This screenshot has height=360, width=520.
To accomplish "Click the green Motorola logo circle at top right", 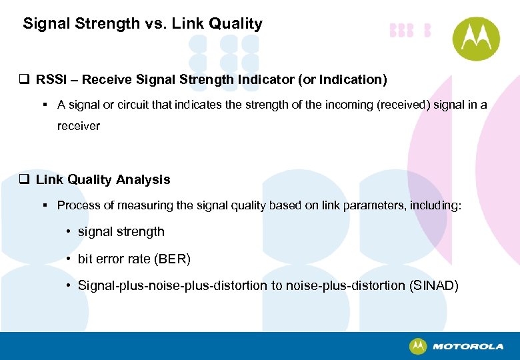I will point(476,39).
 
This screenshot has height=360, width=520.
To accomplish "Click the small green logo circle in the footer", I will point(418,346).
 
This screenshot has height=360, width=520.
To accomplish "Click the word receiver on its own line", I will point(79,126).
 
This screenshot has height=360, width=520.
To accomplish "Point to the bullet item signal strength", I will point(121,232).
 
